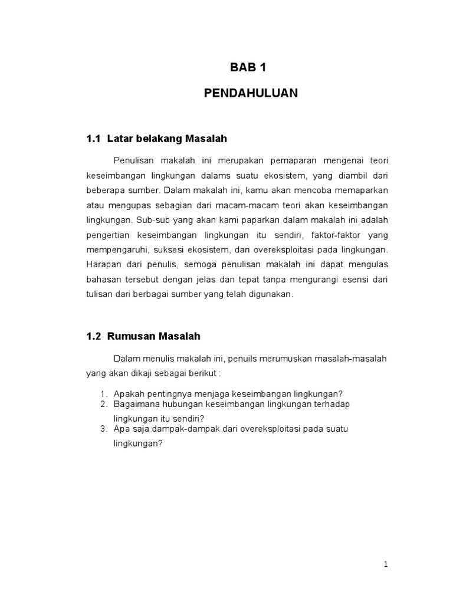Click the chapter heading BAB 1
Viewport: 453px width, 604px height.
pyautogui.click(x=248, y=67)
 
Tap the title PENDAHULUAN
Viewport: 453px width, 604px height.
pyautogui.click(x=251, y=93)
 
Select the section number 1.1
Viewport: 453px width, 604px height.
pyautogui.click(x=94, y=139)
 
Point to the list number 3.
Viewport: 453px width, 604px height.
pyautogui.click(x=103, y=429)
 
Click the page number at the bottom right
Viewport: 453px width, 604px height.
pyautogui.click(x=386, y=564)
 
